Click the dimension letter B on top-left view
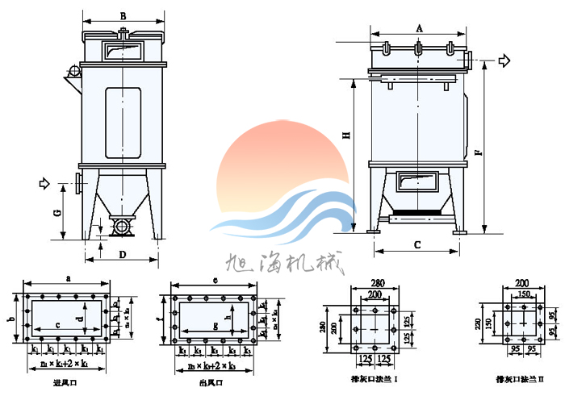pyautogui.click(x=123, y=15)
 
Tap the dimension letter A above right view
pyautogui.click(x=419, y=27)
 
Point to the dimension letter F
pyautogui.click(x=478, y=152)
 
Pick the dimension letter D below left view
pyautogui.click(x=123, y=255)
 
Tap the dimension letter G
pyautogui.click(x=57, y=213)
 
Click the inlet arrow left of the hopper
pyautogui.click(x=44, y=185)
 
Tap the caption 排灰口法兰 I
pyautogui.click(x=373, y=377)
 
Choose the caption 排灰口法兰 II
pyautogui.click(x=520, y=377)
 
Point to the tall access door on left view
pyautogui.click(x=123, y=123)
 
